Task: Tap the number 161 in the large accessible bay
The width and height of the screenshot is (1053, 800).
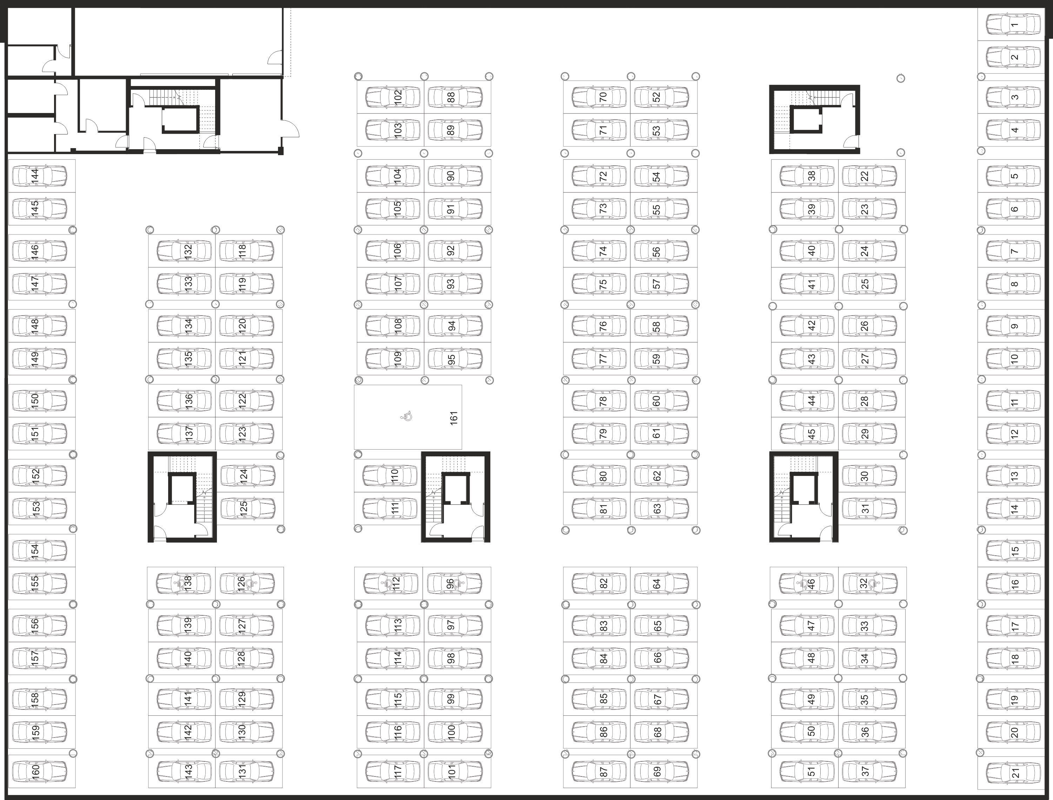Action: click(453, 418)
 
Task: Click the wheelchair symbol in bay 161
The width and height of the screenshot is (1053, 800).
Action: click(407, 417)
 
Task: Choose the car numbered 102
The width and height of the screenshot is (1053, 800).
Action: click(393, 97)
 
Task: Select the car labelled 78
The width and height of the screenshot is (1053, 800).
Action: click(599, 401)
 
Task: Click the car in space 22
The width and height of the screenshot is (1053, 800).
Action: click(869, 176)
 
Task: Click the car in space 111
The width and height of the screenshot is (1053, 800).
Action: click(390, 509)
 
